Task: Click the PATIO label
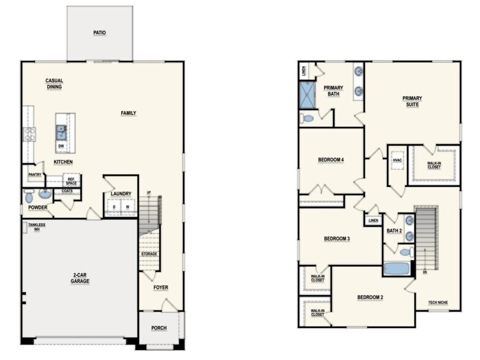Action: tap(99, 32)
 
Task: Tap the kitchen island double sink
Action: tap(61, 132)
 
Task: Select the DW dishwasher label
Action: tap(61, 146)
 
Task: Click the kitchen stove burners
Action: tap(29, 134)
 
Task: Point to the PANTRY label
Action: tap(35, 174)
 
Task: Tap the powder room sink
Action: tap(45, 193)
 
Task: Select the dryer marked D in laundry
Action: tap(114, 207)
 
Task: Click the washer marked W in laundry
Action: tap(127, 207)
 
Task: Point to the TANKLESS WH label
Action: tap(37, 227)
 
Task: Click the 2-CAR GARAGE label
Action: tap(80, 278)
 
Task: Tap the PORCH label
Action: tap(159, 328)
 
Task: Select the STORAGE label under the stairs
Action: tap(149, 253)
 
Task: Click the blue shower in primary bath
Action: tap(307, 94)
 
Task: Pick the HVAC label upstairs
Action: tap(397, 160)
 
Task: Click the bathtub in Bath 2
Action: tap(397, 269)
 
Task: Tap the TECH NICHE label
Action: tap(438, 302)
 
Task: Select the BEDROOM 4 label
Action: tap(331, 159)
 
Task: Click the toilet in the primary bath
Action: tap(307, 118)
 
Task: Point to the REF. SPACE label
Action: tap(71, 181)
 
